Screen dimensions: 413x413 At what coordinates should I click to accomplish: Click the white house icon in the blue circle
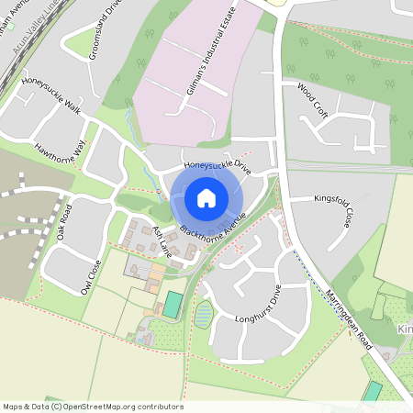click(x=206, y=197)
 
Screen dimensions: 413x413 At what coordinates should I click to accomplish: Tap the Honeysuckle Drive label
click(x=218, y=166)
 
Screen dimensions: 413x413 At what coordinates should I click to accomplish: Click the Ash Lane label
click(x=162, y=240)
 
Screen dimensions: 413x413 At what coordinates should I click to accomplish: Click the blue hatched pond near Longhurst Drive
click(x=203, y=313)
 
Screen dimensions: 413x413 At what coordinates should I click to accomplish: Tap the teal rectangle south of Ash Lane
click(x=173, y=305)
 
